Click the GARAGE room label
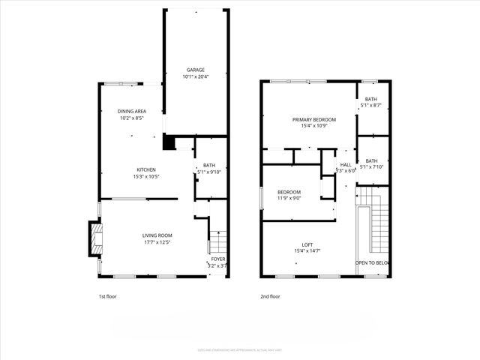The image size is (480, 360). tap(196, 70)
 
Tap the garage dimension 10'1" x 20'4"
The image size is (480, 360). tap(196, 76)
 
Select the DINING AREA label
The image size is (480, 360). tap(131, 111)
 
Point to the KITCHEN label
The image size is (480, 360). tap(145, 169)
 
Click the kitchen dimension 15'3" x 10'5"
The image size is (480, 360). tap(145, 176)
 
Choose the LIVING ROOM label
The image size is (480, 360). tap(157, 235)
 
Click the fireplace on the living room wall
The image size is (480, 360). tap(94, 238)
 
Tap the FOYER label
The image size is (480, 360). tap(217, 259)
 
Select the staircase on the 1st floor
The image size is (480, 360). tap(217, 242)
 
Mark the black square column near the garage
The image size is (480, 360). tap(169, 142)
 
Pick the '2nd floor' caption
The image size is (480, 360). tap(270, 296)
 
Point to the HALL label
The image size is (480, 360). tap(346, 164)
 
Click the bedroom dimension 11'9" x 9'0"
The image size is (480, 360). tap(289, 198)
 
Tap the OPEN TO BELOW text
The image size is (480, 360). tap(373, 262)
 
